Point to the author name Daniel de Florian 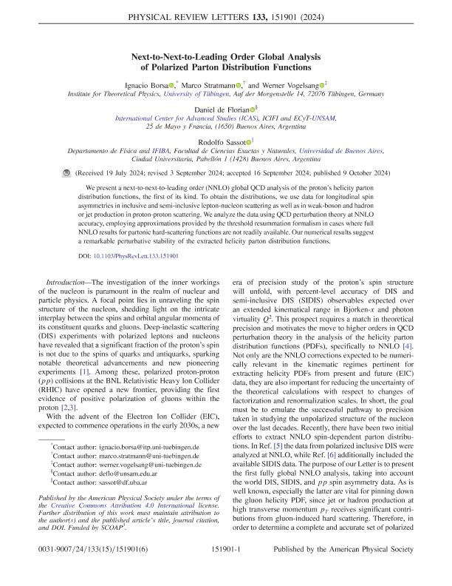(x=221, y=109)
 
